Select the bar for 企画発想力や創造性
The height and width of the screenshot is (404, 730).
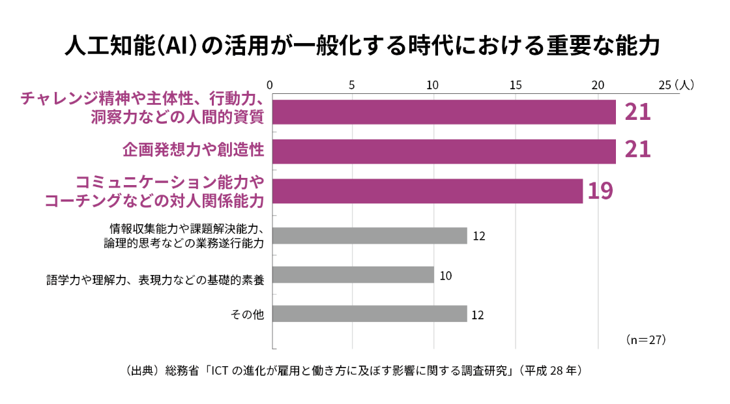(x=443, y=151)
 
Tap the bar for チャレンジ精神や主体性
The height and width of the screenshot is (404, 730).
(x=443, y=111)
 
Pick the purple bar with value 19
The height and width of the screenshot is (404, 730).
(x=427, y=191)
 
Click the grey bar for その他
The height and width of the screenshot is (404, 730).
(x=370, y=313)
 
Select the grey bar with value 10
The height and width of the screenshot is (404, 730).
(x=353, y=274)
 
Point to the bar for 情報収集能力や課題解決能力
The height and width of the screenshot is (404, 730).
(x=370, y=235)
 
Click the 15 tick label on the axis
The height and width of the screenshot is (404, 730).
(x=516, y=85)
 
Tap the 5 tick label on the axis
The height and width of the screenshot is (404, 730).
(x=352, y=85)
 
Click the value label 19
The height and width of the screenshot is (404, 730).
(x=600, y=191)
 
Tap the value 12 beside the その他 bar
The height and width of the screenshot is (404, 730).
(x=478, y=315)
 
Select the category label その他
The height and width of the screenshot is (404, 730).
(x=247, y=315)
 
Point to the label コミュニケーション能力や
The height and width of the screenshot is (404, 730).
(x=169, y=181)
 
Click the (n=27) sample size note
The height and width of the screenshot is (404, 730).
(x=645, y=340)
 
